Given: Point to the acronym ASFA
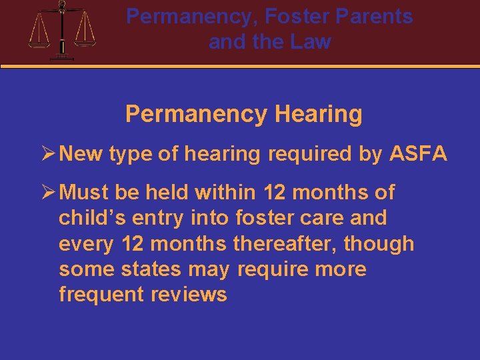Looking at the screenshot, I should pos(418,155).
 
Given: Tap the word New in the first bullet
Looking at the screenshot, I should pos(81,155).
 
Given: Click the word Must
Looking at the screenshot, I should pos(84,193).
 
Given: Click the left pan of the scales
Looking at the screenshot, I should pos(39,41).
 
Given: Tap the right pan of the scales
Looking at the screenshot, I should pos(85,41).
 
